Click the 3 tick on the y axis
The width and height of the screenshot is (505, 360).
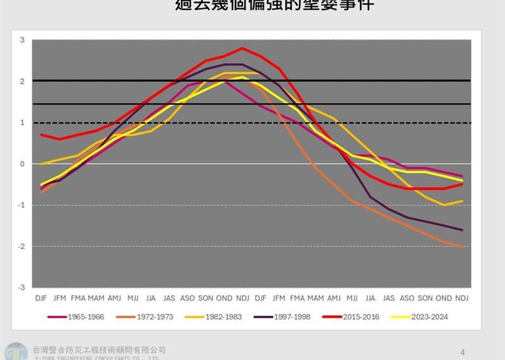tap(22, 40)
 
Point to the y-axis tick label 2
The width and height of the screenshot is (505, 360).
tap(22, 81)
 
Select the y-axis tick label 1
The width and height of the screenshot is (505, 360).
tap(22, 123)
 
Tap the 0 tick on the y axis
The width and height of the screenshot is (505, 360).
tap(22, 164)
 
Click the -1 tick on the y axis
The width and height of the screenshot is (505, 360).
tap(21, 205)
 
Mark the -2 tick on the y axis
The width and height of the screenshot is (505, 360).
tap(21, 246)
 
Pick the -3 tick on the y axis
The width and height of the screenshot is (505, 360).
tap(21, 287)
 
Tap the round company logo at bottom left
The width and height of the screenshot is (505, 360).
tap(15, 351)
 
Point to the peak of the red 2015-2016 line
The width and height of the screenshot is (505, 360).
tap(242, 48)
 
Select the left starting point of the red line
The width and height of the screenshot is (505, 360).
tap(41, 135)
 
